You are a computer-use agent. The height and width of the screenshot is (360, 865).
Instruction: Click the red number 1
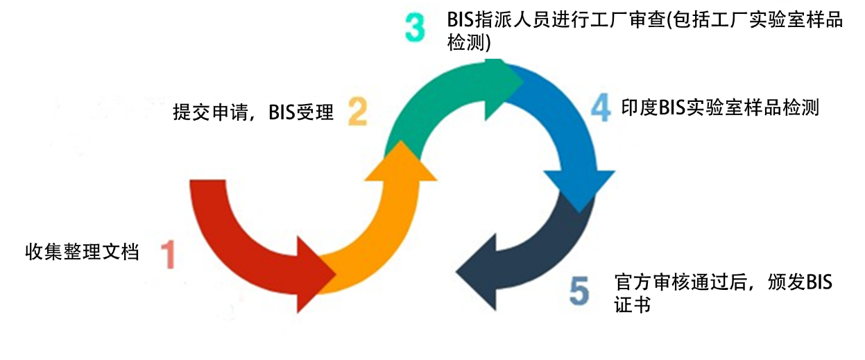click(169, 254)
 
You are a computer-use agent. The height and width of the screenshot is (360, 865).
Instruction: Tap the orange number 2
click(357, 111)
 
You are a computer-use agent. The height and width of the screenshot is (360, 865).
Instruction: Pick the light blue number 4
click(601, 108)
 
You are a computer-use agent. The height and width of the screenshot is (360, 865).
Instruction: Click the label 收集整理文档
click(83, 252)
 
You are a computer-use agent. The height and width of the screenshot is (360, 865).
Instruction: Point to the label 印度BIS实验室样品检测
click(720, 108)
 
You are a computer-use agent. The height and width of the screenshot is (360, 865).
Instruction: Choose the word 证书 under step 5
click(632, 304)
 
